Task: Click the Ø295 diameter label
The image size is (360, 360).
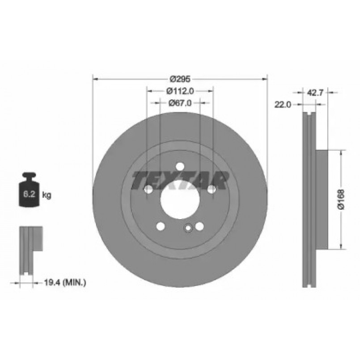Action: point(180,79)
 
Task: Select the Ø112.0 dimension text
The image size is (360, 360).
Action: point(180,91)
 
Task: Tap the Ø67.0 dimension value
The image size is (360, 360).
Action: point(180,103)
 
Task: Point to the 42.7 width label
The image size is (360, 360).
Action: point(315,93)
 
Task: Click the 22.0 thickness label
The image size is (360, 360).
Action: point(283,105)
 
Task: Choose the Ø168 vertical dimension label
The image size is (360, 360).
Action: point(341,199)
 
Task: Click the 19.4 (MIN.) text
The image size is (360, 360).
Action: point(65,282)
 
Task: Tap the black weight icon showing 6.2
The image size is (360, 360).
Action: point(29,190)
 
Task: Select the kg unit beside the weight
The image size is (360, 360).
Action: point(47,195)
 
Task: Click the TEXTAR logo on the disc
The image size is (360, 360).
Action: point(180,181)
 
